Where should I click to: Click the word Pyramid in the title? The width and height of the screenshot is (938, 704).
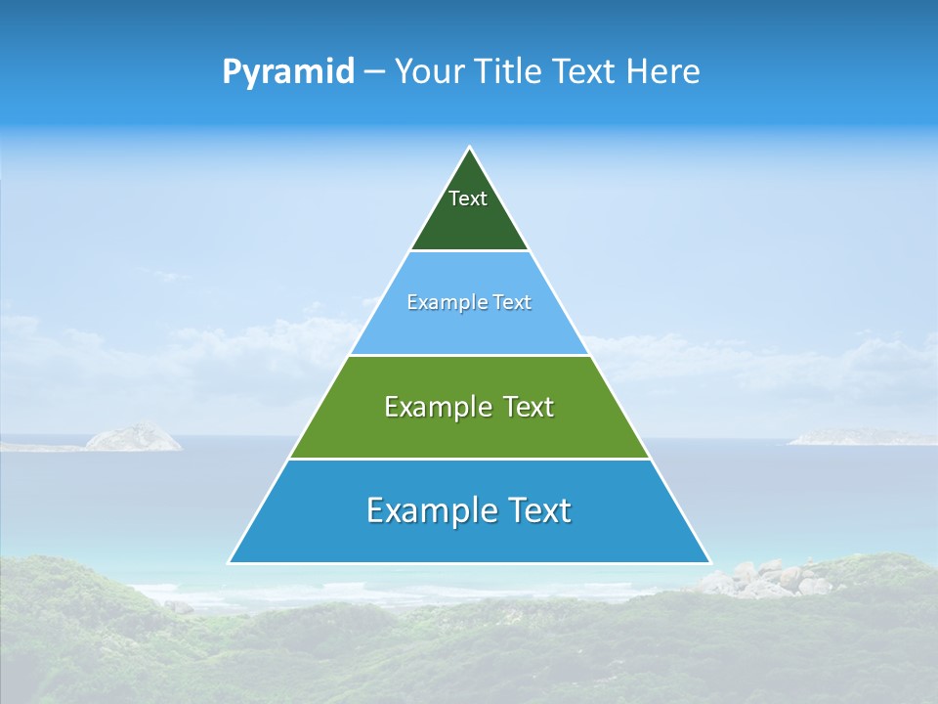point(288,72)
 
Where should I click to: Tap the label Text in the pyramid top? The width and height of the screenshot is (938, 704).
point(468,198)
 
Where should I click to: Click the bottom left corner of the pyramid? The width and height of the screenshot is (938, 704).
point(231,561)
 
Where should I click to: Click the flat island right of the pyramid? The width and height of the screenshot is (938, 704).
point(860,437)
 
